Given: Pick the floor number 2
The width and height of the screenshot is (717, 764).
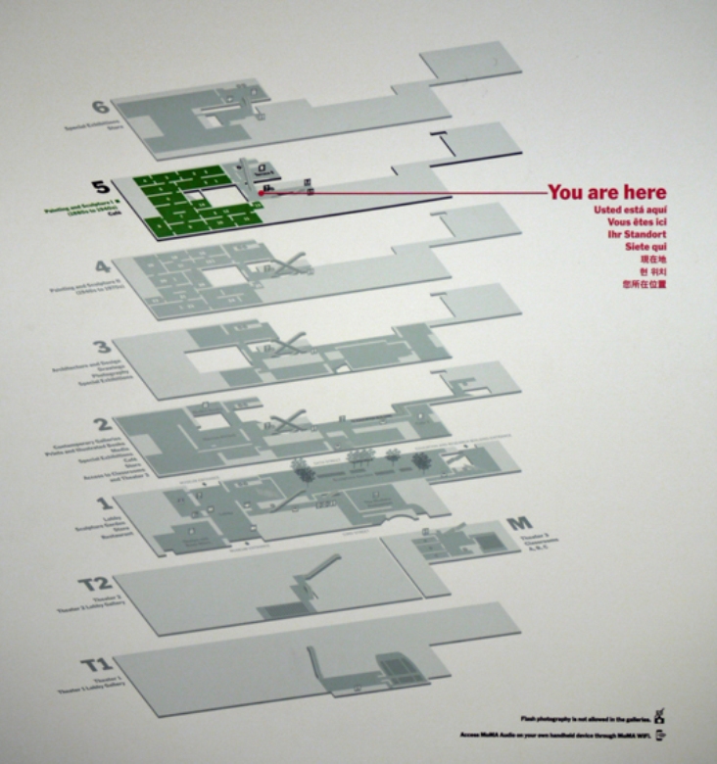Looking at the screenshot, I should (x=100, y=425).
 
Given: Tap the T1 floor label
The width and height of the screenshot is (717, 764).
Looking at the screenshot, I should (x=96, y=667).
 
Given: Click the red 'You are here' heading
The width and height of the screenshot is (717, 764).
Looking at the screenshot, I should (x=606, y=192).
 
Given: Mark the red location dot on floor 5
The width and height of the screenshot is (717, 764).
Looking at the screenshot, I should (x=262, y=193).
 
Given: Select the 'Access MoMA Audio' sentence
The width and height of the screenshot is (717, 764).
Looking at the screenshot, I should (x=554, y=734).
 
